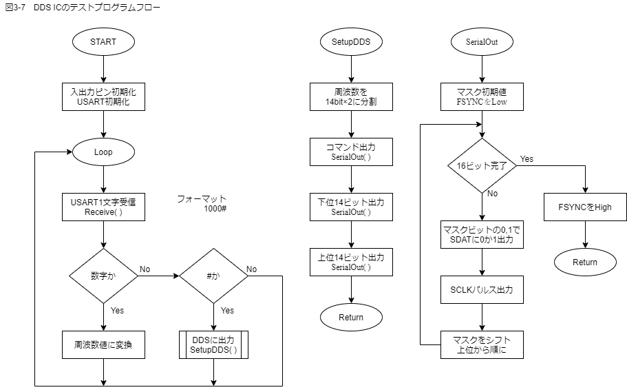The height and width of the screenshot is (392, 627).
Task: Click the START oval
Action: tap(103, 41)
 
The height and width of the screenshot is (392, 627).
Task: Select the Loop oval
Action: tap(103, 152)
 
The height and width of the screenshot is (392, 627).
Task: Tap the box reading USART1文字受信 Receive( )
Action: tap(103, 207)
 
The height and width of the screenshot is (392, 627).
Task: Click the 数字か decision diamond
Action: tap(103, 276)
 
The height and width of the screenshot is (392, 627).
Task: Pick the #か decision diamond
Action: tap(213, 276)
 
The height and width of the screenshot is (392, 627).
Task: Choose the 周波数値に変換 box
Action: tap(103, 344)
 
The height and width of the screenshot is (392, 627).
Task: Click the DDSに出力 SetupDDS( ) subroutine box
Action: tap(213, 344)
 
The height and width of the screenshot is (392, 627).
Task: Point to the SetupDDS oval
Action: tap(351, 41)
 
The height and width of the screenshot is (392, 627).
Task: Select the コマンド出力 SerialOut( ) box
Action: tap(351, 152)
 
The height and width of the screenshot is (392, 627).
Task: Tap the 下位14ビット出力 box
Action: tap(351, 207)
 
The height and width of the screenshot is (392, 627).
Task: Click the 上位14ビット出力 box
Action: tap(351, 262)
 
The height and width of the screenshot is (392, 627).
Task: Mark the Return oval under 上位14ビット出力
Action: tap(351, 317)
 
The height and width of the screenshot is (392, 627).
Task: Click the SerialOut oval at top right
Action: tap(482, 41)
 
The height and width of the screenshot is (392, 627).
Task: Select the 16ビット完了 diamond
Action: tap(482, 166)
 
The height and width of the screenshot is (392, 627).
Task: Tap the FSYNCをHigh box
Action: tap(585, 207)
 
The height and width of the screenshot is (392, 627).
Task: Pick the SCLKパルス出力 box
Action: tap(482, 290)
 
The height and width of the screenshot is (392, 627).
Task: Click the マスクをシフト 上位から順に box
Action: tap(482, 344)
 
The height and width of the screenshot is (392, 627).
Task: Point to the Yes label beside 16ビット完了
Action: tap(527, 159)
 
